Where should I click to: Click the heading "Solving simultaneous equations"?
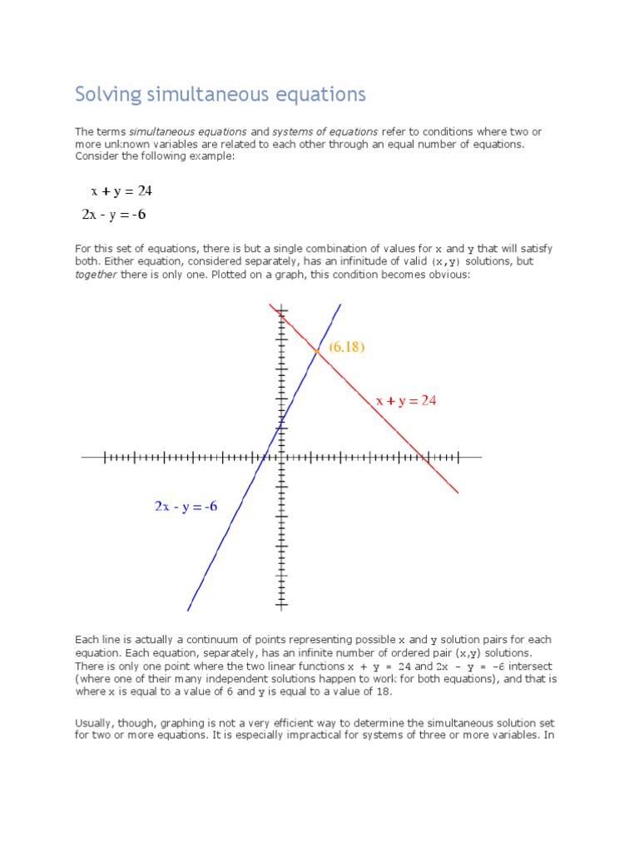(x=220, y=94)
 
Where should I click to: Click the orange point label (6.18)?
(x=347, y=347)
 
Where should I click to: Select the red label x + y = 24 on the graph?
(x=406, y=401)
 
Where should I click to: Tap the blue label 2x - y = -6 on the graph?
(x=186, y=506)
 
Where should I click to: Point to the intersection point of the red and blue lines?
(x=318, y=352)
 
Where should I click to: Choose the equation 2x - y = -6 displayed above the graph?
(x=114, y=215)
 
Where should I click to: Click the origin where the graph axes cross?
(x=281, y=457)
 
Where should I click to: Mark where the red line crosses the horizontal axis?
(x=428, y=457)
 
